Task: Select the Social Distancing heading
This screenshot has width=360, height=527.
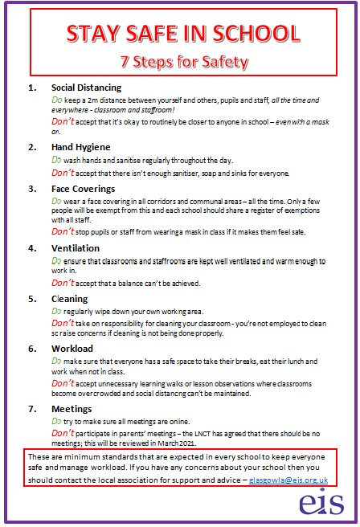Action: click(x=86, y=88)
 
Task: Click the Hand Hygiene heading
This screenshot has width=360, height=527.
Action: click(x=79, y=147)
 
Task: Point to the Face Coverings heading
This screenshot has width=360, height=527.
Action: click(x=84, y=189)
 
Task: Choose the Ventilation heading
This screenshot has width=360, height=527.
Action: click(x=76, y=248)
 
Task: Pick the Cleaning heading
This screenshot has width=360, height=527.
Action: click(x=69, y=299)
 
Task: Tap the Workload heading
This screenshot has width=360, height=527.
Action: click(x=72, y=349)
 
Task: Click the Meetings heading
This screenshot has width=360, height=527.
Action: click(x=72, y=409)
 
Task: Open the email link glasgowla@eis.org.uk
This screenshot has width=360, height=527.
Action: click(x=288, y=480)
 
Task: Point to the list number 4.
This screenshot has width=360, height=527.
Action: click(x=32, y=248)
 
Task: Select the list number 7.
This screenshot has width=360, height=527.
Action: click(x=32, y=409)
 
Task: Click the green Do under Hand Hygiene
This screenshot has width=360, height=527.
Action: click(x=56, y=159)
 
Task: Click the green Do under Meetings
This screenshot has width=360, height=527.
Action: click(x=56, y=421)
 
